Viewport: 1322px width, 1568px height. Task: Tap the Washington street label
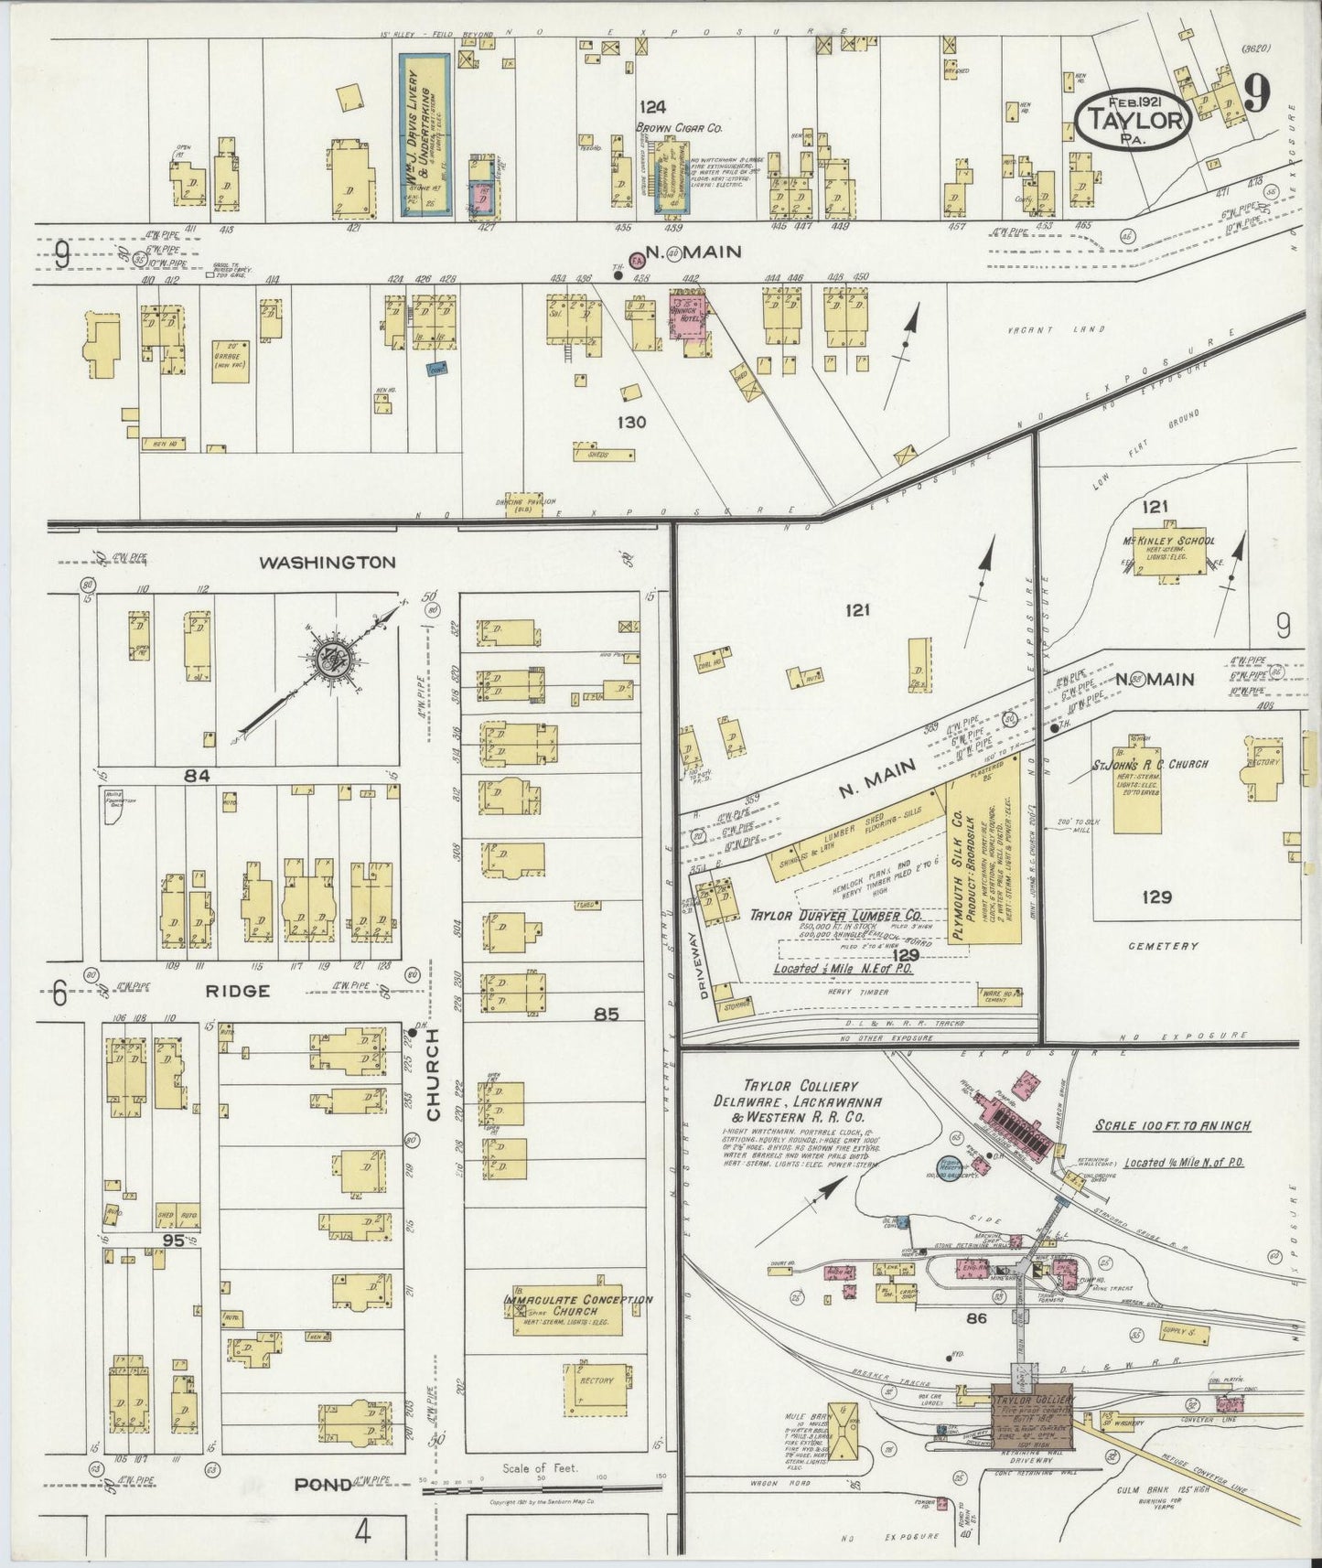327,563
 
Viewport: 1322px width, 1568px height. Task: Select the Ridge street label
237,991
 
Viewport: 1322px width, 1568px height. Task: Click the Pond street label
322,1484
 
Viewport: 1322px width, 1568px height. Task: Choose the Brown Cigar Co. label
679,128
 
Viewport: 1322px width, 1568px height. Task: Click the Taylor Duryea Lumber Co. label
834,915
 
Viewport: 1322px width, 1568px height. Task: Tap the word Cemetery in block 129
1163,946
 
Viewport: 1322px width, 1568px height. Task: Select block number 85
606,1014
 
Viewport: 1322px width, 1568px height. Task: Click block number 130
631,422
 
